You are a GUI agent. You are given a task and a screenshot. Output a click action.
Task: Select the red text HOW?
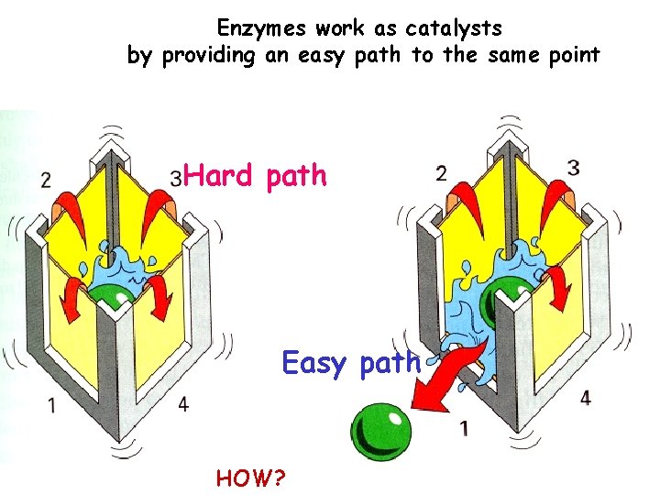pyautogui.click(x=250, y=477)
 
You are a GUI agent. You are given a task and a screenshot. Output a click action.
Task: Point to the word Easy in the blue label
pyautogui.click(x=314, y=363)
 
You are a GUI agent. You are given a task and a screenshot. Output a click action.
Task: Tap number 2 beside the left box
pyautogui.click(x=46, y=180)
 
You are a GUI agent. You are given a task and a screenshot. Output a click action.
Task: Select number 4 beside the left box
pyautogui.click(x=184, y=404)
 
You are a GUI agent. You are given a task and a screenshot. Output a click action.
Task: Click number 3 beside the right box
pyautogui.click(x=573, y=168)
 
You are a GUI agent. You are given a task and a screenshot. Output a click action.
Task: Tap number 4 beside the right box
pyautogui.click(x=585, y=398)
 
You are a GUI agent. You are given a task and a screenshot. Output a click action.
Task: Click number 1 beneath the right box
pyautogui.click(x=466, y=426)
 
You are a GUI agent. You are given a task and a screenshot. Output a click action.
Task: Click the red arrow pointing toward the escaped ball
pyautogui.click(x=446, y=372)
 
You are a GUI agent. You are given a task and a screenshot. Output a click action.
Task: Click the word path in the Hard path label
pyautogui.click(x=296, y=175)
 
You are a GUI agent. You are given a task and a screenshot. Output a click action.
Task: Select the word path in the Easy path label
pyautogui.click(x=390, y=363)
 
